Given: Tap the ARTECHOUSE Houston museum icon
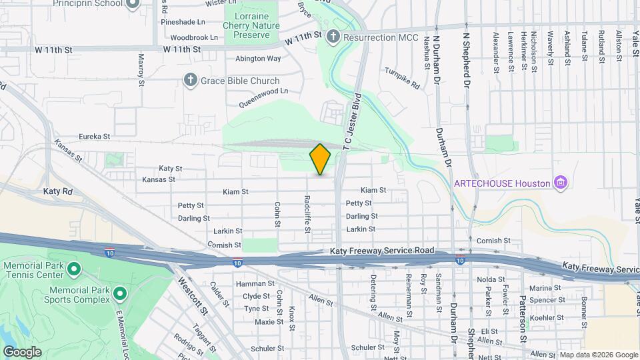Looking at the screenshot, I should point(561,183).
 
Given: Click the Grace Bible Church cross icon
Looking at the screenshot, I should point(190,81).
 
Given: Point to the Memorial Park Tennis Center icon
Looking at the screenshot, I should point(74,270).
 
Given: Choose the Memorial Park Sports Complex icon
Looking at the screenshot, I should point(120,293).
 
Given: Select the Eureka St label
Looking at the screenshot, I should point(94,136).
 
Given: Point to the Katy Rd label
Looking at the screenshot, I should point(57,191).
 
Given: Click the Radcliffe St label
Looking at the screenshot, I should point(307,213).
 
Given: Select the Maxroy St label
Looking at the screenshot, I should point(141,70).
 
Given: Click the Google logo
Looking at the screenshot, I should point(22,352).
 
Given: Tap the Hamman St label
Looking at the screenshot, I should point(255,283).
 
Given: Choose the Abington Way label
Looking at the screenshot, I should point(258,59).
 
